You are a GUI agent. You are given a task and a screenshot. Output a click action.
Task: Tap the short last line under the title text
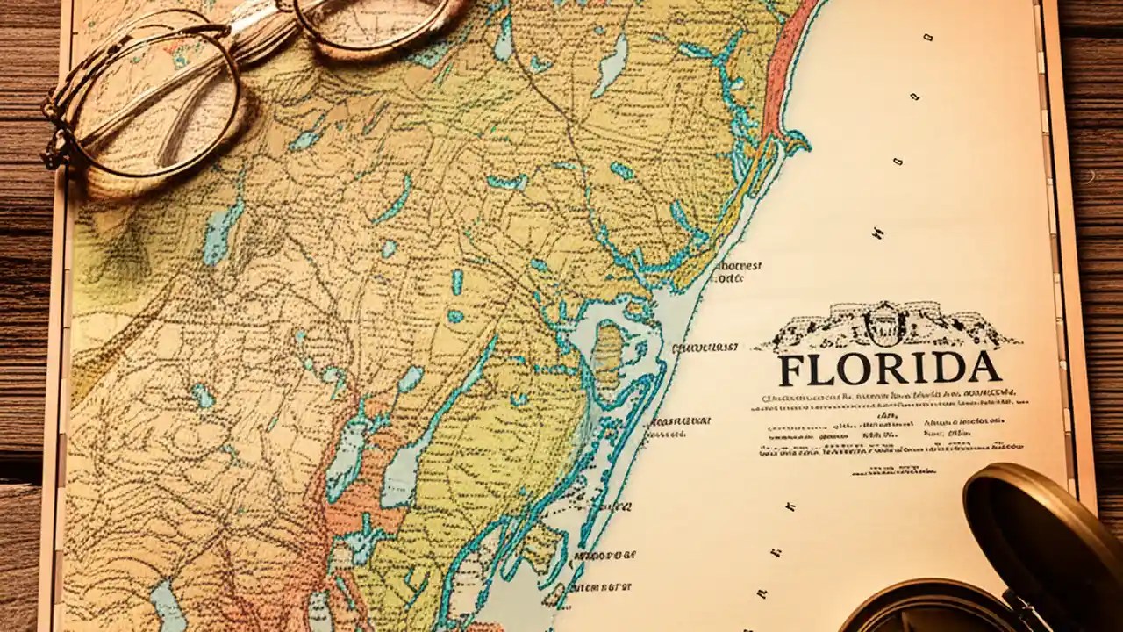click(893, 471)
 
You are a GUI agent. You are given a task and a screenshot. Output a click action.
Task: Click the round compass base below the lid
click(921, 614)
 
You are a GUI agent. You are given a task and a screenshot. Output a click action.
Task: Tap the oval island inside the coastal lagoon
click(606, 351)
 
